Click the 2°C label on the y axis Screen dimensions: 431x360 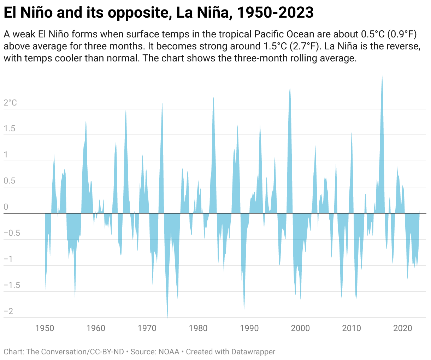pos(10,103)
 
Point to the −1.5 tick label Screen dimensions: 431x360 pos(12,285)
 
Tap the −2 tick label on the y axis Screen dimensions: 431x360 pos(8,311)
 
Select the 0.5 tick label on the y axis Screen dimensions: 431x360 pos(10,181)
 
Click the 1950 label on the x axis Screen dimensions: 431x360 pos(45,328)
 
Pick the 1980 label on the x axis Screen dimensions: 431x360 pos(198,328)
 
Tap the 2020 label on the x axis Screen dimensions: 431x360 pos(402,328)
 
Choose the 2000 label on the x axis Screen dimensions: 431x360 pos(300,328)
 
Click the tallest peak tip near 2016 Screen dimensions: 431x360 pos(382,76)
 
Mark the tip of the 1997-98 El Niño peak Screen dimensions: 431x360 pos(290,89)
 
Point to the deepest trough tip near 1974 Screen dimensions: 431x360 pos(167,318)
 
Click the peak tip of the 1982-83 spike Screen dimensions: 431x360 pos(213,97)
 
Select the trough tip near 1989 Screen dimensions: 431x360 pos(244,309)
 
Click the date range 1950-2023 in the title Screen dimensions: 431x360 pos(275,12)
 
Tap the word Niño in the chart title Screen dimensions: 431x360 pos(36,12)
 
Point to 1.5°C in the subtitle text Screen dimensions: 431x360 pos(275,46)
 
